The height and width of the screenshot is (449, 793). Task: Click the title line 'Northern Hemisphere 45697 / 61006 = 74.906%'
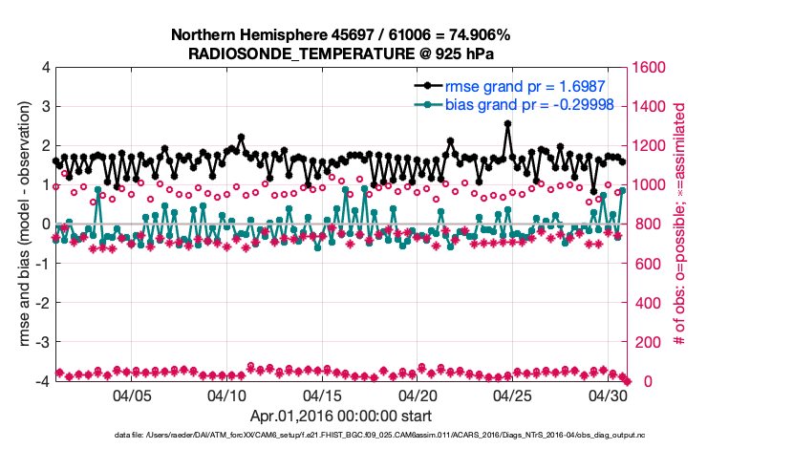[341, 34]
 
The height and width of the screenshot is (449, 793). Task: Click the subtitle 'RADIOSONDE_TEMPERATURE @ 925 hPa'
[341, 53]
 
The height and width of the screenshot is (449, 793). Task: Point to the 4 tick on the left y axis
[45, 68]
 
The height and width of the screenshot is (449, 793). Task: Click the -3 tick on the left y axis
[42, 342]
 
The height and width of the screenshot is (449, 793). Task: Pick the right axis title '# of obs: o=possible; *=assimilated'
[680, 224]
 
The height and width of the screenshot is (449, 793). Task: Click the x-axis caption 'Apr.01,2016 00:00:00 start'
[341, 417]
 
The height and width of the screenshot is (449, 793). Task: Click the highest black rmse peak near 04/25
[507, 123]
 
